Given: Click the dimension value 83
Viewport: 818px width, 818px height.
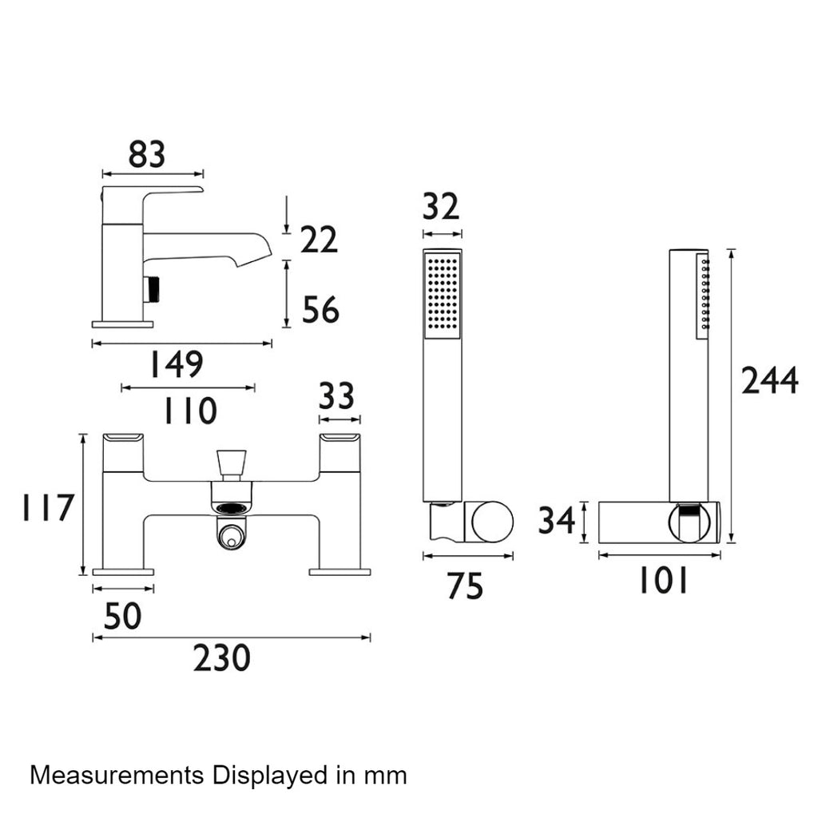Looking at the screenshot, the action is coord(147,154).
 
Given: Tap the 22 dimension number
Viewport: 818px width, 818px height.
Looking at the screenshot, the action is coord(319,240).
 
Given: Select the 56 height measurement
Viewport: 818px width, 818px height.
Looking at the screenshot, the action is coord(320,310).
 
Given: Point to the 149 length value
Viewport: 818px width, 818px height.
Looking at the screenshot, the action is coord(177,364).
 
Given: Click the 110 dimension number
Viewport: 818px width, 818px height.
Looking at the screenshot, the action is coord(190,411).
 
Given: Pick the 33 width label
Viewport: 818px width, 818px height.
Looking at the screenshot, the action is coord(336,395).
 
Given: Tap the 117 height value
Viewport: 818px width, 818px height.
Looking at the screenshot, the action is coord(48,507).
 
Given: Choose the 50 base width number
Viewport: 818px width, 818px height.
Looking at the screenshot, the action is coord(122,616).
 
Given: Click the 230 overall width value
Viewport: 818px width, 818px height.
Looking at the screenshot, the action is coord(222,658).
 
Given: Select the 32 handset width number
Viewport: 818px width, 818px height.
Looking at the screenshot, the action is coord(441,207).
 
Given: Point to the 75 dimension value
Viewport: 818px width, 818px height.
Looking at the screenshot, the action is coord(466,586).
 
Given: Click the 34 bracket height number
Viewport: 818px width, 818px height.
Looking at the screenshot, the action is coord(557,521).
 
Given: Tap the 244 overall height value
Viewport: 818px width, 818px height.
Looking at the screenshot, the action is coord(769,380).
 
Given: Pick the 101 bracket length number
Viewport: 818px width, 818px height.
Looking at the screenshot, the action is coord(664,582).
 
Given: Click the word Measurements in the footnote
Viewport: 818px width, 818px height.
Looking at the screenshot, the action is coord(117,775).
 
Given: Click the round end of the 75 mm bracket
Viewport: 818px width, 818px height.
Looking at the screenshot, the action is coord(492,522).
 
